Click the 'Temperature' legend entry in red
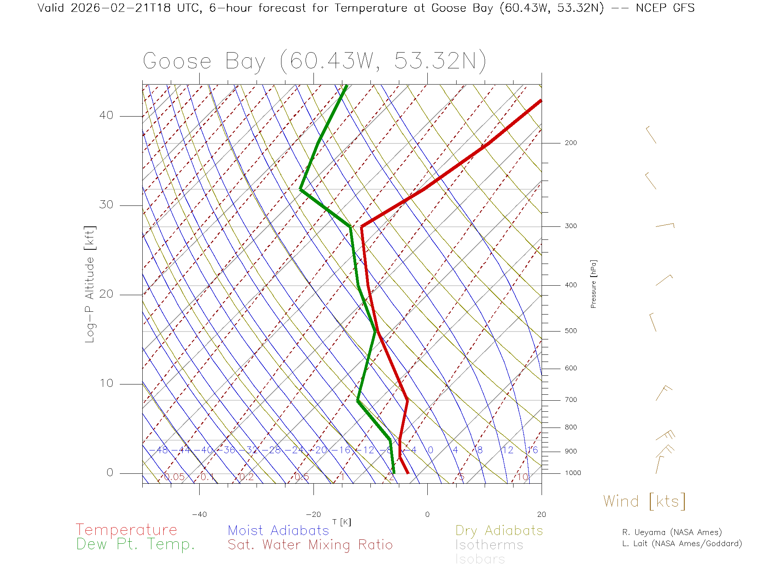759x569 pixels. click(126, 529)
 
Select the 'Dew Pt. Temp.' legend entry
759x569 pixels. click(136, 545)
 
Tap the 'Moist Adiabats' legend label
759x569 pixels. click(278, 530)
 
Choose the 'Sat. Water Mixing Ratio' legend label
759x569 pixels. click(310, 545)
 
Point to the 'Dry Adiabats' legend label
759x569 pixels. click(499, 530)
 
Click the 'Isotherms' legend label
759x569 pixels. click(489, 545)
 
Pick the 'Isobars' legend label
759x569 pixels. click(480, 559)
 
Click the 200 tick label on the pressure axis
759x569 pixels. click(570, 143)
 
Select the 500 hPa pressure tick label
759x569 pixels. click(570, 331)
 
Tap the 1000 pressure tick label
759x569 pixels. click(573, 473)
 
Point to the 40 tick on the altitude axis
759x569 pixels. click(106, 115)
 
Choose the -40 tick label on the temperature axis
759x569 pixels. click(199, 514)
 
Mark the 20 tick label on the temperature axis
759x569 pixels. click(541, 514)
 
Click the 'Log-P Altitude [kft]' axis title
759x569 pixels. click(90, 284)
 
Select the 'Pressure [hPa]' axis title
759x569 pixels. click(593, 284)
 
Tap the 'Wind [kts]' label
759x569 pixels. click(644, 501)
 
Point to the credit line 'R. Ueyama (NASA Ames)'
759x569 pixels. click(672, 532)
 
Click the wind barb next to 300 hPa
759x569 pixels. click(665, 226)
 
